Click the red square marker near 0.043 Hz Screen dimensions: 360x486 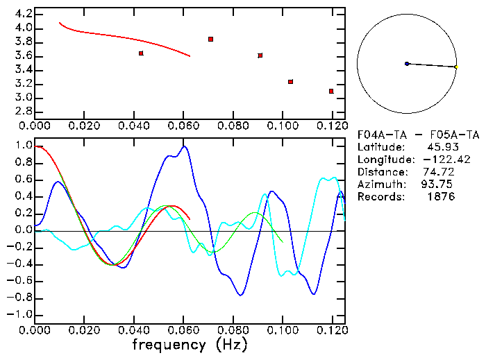point(141,53)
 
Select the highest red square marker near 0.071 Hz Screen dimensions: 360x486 point(210,40)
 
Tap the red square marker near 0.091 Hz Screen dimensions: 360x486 point(260,55)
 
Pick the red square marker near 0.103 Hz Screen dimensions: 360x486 point(290,82)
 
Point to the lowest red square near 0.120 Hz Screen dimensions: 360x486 point(331,91)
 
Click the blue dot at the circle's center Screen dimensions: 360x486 point(407,64)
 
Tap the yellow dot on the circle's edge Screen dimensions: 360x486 point(455,67)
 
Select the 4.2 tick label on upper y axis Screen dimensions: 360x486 point(23,14)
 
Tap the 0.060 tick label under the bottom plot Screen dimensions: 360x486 point(183,329)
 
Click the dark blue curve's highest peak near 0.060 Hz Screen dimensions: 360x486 point(184,146)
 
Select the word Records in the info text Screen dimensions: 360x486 point(380,197)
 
